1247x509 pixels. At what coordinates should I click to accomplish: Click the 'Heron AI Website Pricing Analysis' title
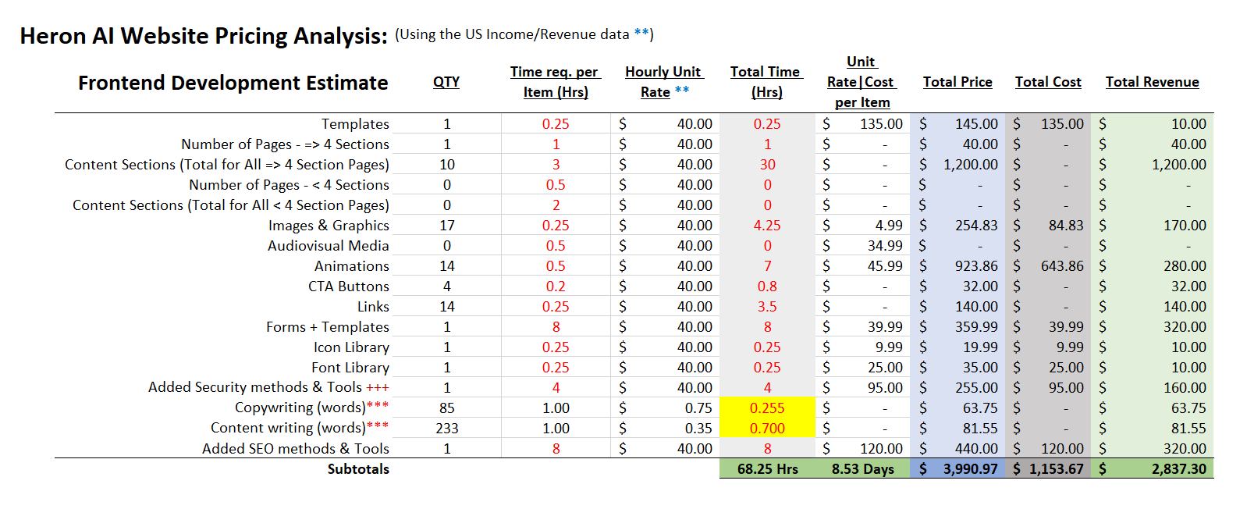tap(204, 36)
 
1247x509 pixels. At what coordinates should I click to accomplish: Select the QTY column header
tap(446, 82)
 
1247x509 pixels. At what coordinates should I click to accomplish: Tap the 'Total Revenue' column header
tap(1152, 82)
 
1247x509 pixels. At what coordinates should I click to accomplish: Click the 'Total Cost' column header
tap(1048, 82)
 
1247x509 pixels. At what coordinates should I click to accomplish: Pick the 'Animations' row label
tap(351, 266)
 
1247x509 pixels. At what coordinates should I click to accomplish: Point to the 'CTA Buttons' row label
tap(348, 287)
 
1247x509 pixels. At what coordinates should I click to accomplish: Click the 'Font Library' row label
tap(350, 368)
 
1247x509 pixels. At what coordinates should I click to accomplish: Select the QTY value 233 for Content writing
tap(447, 429)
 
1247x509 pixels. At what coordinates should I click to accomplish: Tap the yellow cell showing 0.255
tap(767, 408)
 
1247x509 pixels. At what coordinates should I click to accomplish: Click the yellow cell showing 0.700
tap(767, 429)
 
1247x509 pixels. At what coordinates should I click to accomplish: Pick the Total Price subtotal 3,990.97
tap(970, 469)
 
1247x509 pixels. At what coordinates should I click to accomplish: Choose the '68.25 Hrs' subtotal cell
tap(767, 469)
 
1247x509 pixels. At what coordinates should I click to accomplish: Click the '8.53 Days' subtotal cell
tap(862, 469)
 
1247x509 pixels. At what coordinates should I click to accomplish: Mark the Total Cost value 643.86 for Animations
tap(1062, 266)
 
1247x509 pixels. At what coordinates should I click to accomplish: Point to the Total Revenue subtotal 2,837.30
tap(1178, 469)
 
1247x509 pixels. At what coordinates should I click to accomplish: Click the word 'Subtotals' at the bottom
tap(358, 469)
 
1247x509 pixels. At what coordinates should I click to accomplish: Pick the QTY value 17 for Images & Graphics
tap(447, 226)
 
